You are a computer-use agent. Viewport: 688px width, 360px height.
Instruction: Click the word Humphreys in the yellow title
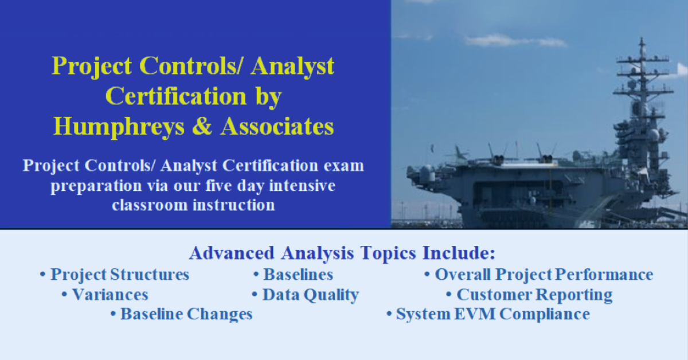point(119,127)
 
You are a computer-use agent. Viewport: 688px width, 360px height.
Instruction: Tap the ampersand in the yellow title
point(202,126)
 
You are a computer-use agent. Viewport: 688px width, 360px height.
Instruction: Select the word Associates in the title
point(277,126)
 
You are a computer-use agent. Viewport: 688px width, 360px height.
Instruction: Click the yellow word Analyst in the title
point(292,66)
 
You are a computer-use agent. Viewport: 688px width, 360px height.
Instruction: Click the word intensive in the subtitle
point(302,186)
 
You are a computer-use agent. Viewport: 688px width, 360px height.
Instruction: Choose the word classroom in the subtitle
point(150,205)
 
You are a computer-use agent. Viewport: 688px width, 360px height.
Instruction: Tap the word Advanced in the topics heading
point(232,253)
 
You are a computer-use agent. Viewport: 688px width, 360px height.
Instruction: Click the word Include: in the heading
point(459,253)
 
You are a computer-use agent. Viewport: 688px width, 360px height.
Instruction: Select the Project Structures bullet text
point(120,275)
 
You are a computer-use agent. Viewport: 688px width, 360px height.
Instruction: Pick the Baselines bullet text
point(298,275)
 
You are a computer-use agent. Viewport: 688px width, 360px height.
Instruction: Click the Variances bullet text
point(110,295)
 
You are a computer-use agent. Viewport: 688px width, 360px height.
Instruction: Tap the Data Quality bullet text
point(311,295)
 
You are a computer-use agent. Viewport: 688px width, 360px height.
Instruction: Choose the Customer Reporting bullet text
point(534,295)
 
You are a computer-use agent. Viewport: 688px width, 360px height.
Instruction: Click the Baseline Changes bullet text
point(186,314)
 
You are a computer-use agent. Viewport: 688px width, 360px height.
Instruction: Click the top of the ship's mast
point(642,38)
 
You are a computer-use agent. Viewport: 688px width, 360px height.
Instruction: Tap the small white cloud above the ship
point(516,41)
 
